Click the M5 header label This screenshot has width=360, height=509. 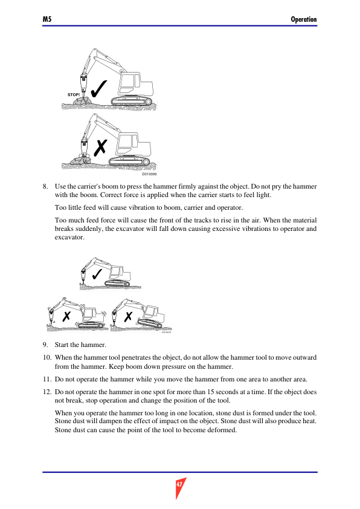click(x=47, y=19)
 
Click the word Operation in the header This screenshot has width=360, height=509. click(x=304, y=19)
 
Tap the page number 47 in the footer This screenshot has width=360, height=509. click(x=179, y=485)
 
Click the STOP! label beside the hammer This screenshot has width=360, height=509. click(x=74, y=95)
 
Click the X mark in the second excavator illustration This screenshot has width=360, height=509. click(x=100, y=148)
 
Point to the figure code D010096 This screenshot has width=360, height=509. click(x=150, y=174)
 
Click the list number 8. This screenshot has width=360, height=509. click(x=45, y=186)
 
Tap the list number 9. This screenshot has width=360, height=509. click(x=45, y=345)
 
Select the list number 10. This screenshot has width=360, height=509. click(x=47, y=357)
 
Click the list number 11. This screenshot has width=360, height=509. click(x=47, y=379)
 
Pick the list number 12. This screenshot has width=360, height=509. click(x=47, y=392)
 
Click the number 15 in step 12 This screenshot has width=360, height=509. click(x=210, y=392)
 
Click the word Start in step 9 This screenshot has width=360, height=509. click(x=62, y=345)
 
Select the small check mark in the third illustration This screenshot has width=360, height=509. click(x=97, y=274)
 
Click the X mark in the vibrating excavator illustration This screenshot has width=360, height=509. click(x=66, y=316)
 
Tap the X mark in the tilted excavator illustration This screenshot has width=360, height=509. click(x=129, y=316)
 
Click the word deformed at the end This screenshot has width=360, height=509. click(x=223, y=430)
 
